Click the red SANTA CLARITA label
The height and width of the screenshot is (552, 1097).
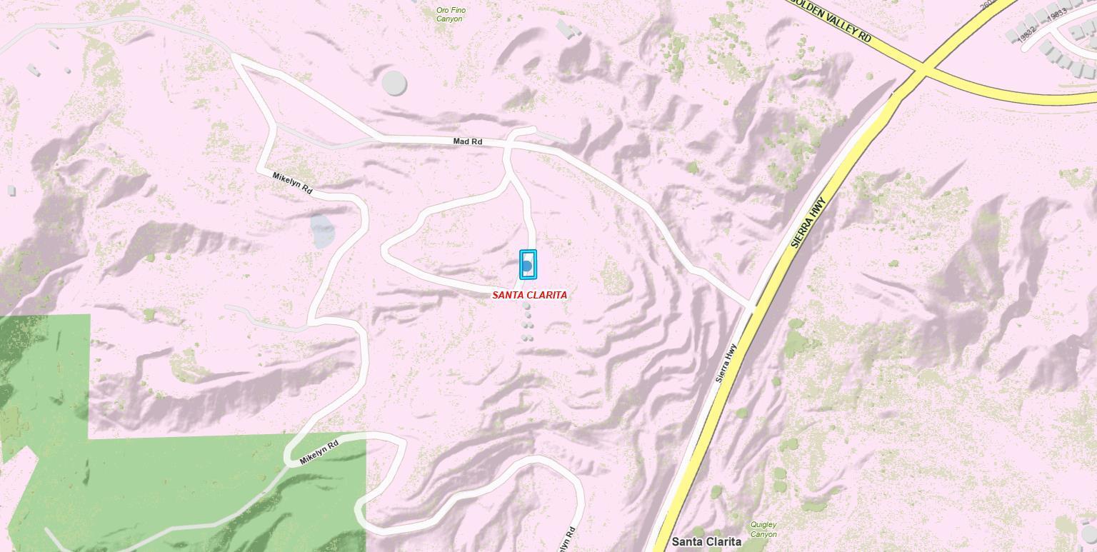[x=529, y=295]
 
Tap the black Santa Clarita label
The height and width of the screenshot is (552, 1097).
[x=706, y=542]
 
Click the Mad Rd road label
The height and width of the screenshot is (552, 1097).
[x=468, y=141]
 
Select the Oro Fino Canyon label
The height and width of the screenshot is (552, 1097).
[x=450, y=14]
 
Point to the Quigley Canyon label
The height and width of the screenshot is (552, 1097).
[x=763, y=529]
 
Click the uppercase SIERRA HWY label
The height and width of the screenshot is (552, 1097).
[x=808, y=222]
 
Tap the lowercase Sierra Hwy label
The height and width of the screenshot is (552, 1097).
[x=726, y=363]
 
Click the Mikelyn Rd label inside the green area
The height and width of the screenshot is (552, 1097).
[x=319, y=453]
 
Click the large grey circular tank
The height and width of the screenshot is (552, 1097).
[x=394, y=83]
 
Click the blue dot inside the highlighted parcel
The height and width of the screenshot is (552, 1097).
[x=527, y=266]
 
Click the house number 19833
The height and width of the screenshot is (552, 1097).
[x=1058, y=12]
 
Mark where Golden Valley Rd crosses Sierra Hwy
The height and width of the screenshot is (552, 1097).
[x=922, y=70]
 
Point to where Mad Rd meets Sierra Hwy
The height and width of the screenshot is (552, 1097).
[x=751, y=306]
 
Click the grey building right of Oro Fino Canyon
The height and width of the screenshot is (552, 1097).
[x=568, y=29]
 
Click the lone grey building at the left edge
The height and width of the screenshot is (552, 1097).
[x=11, y=190]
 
